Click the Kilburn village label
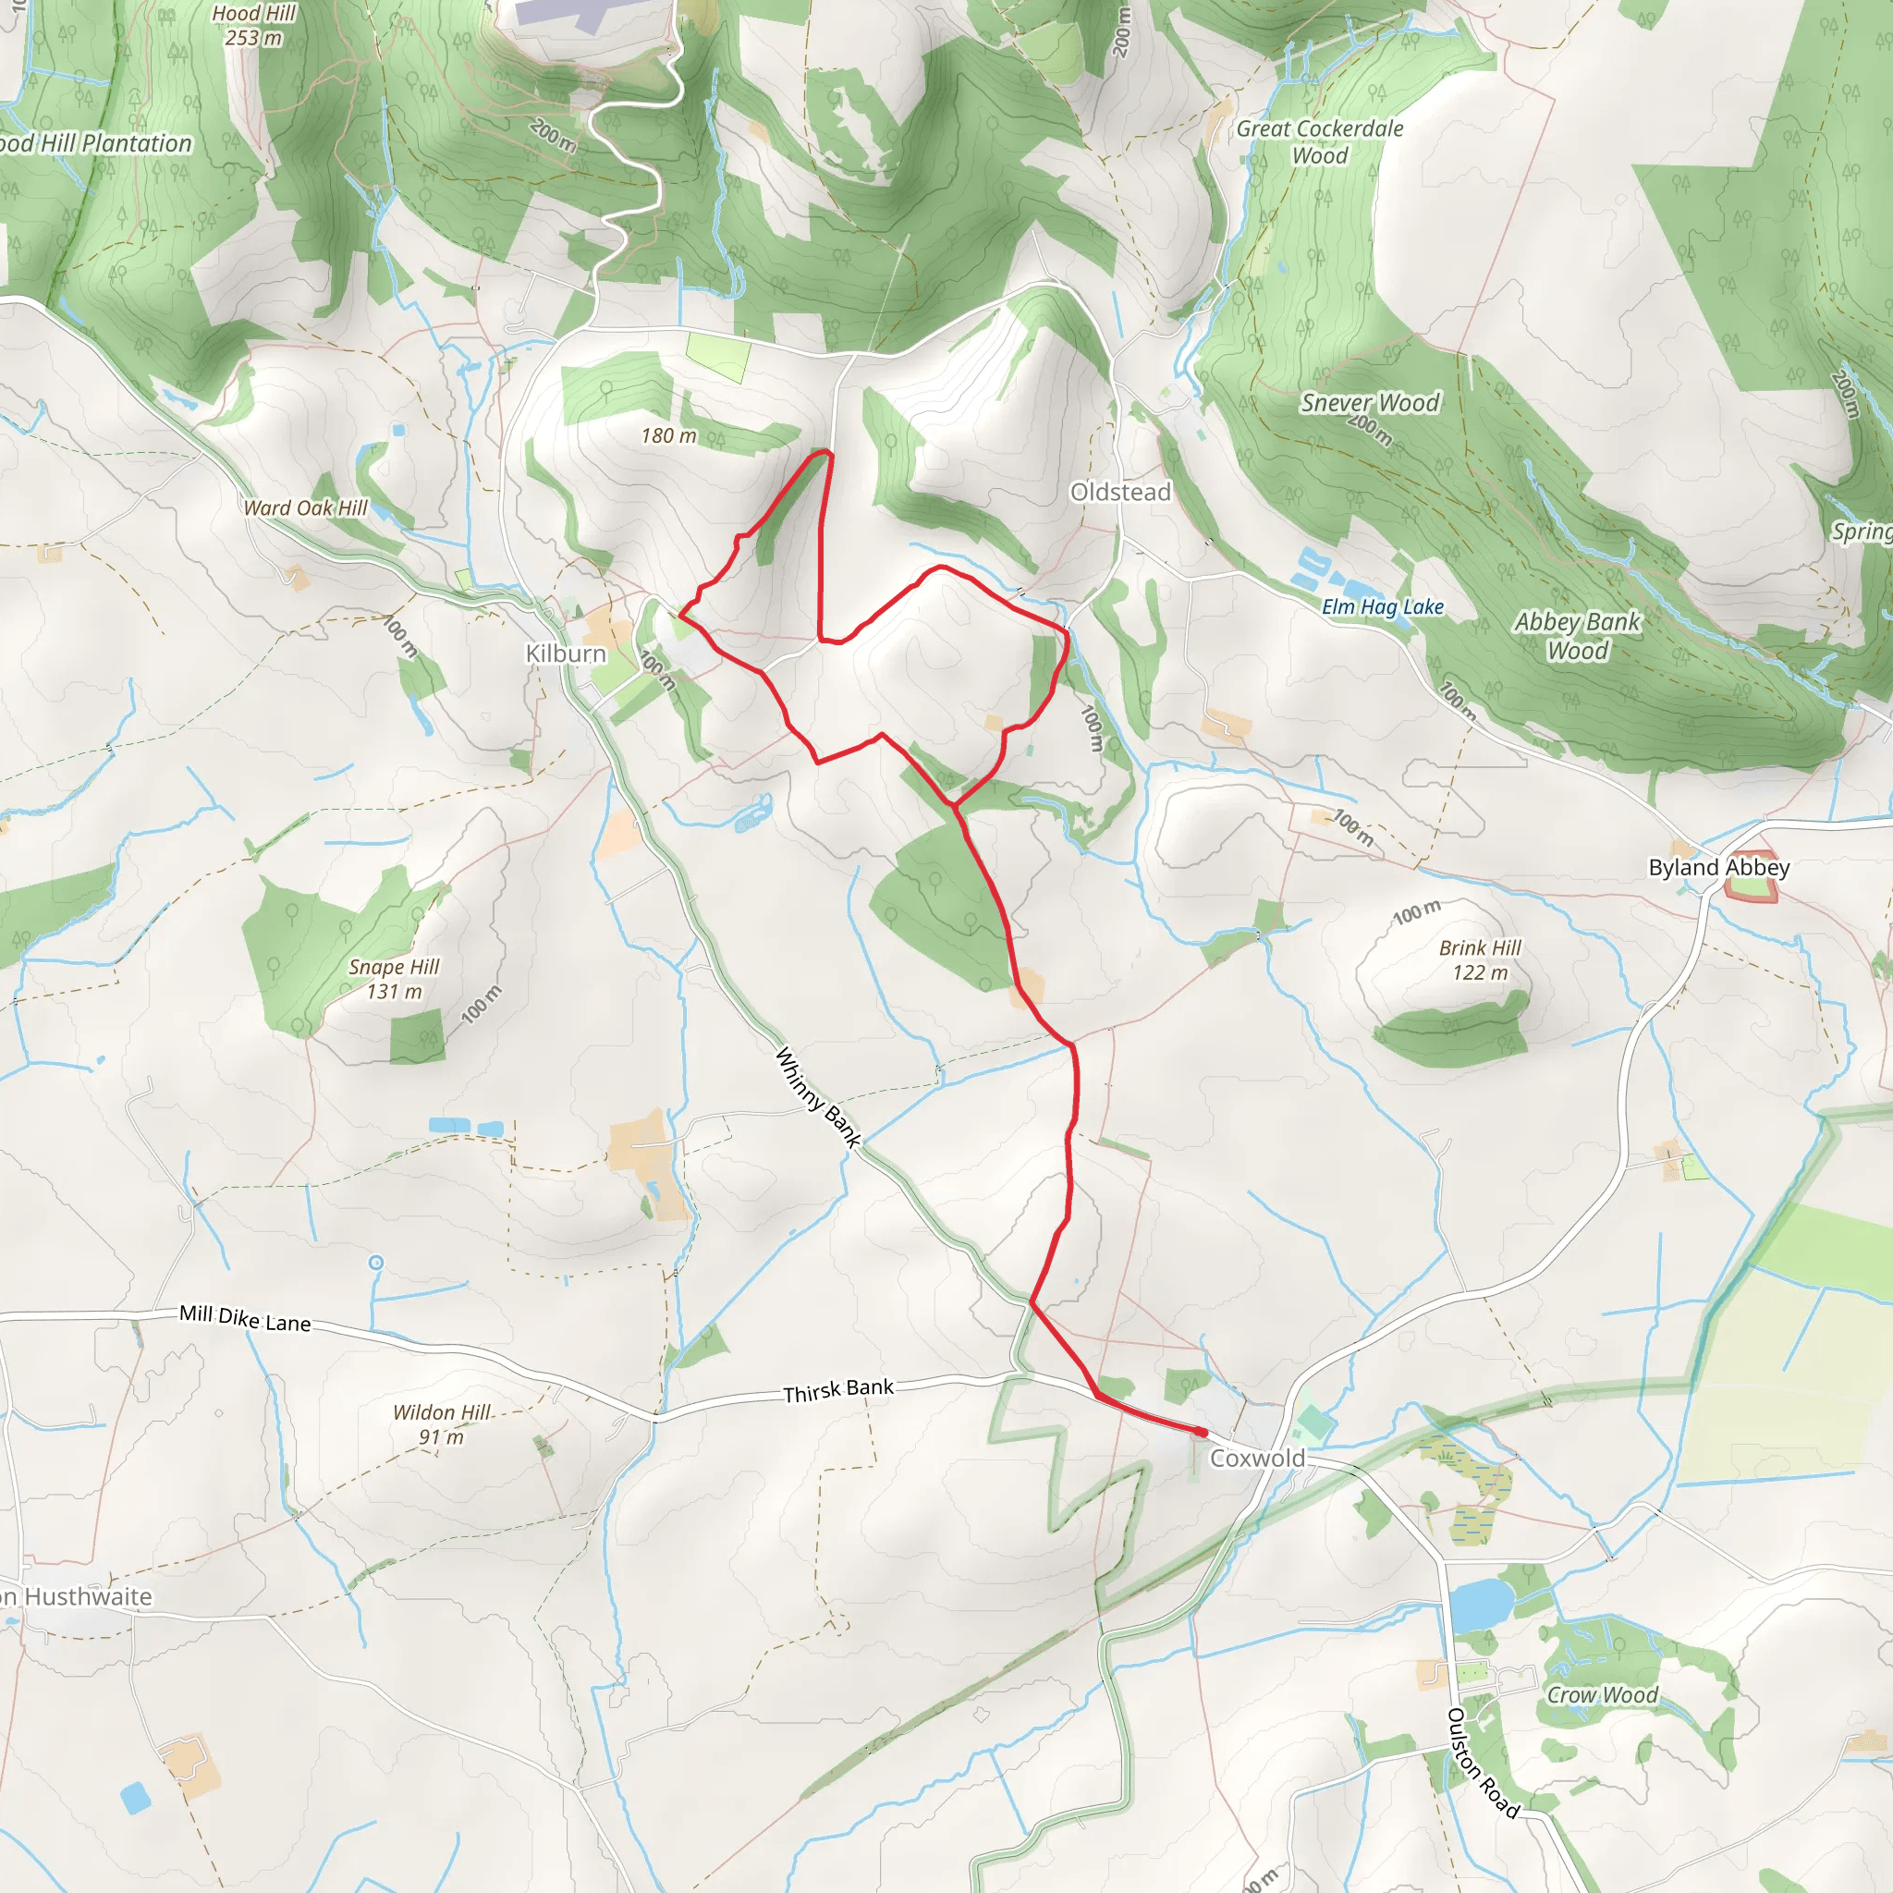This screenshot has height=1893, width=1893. coord(566,653)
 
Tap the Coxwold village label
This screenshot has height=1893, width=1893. coord(1257,1458)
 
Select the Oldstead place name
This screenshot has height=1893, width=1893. coord(1120,492)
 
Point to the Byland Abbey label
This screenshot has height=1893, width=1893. coord(1718,867)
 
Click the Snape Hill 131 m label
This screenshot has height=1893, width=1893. coord(394,979)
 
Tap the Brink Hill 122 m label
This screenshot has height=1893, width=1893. coord(1480,960)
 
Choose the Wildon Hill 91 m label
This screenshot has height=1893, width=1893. coord(442,1424)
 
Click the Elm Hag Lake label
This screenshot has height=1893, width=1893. coord(1383,607)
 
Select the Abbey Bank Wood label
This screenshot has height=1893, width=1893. coord(1577,636)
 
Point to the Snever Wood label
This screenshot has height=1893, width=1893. coord(1370,403)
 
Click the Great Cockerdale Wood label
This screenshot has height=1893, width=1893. coord(1320,142)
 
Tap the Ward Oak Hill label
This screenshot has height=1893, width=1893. coord(306,507)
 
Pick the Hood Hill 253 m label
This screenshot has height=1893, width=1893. coord(254,26)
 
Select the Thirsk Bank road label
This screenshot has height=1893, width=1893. coord(837,1390)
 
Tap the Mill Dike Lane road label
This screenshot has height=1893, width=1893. coord(245,1319)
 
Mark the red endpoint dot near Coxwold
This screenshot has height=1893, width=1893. coord(1202,1433)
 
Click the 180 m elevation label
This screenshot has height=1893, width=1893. coord(669,436)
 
